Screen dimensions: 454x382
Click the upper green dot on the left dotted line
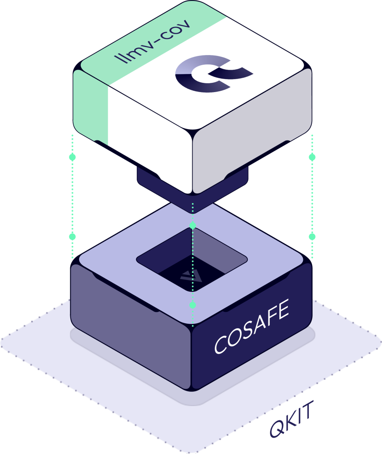click(72, 157)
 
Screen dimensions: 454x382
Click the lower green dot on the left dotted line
click(72, 237)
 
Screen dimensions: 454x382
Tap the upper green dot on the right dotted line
click(312, 157)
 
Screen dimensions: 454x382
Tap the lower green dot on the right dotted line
click(312, 237)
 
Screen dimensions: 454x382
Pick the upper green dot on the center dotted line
click(193, 226)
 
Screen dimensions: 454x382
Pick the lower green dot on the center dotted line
click(193, 304)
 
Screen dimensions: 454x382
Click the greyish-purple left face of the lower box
click(130, 319)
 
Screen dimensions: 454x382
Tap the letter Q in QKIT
click(278, 430)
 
